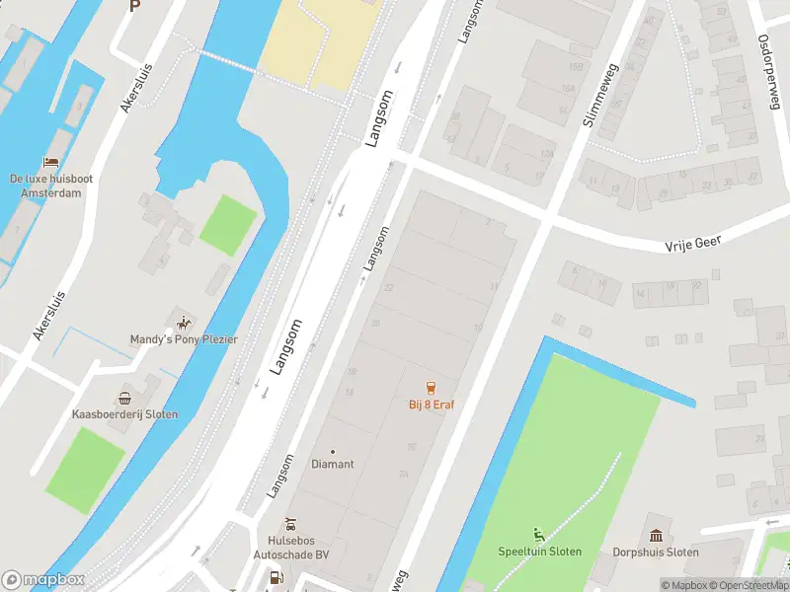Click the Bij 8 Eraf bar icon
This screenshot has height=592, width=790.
[431, 387]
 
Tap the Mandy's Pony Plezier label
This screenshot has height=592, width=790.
[184, 339]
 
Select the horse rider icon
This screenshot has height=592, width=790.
[183, 323]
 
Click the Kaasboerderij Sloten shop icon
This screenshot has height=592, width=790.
[125, 399]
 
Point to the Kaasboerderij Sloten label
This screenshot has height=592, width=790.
[125, 414]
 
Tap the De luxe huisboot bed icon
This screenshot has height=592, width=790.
[50, 163]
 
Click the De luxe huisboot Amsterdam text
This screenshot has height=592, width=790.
[50, 185]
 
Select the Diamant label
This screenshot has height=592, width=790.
[332, 464]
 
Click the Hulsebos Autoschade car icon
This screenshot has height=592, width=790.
[290, 524]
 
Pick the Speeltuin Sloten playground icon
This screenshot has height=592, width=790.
[539, 535]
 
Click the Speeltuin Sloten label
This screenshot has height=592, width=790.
[539, 552]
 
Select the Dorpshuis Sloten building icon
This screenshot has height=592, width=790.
[656, 535]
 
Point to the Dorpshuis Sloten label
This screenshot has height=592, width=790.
[656, 552]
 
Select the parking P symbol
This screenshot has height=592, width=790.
[135, 6]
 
